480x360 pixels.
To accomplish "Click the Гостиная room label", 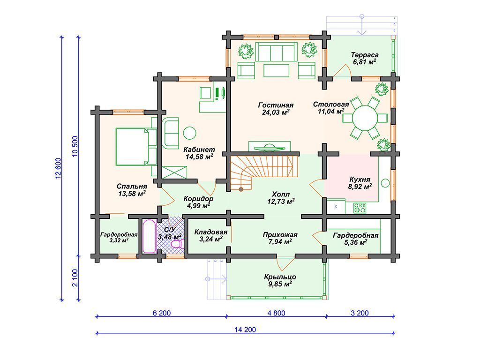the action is coord(276,105).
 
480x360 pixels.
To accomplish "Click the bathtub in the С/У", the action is coord(150,236).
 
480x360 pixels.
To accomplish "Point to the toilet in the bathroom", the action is coord(177,244).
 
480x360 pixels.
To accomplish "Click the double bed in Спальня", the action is coord(136,147).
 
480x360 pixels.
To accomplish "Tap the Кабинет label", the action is coord(199,150).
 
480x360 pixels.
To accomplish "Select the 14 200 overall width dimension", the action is coord(245,330).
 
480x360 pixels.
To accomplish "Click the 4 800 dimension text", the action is coord(276,313).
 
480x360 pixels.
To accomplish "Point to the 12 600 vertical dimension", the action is coord(59,168).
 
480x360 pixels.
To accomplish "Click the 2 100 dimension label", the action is coord(75,277).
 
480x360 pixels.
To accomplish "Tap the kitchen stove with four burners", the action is coord(360,208).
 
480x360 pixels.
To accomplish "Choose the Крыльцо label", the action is coord(280,277).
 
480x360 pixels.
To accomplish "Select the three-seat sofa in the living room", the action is coord(276,52).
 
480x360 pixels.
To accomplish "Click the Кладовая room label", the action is coord(211,232).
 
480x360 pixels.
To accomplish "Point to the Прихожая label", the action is coord(280,235).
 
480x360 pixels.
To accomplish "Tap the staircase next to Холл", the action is coord(264,172).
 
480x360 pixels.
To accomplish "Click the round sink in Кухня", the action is coord(385,183).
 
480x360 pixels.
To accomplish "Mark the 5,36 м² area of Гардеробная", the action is coord(355,243).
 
